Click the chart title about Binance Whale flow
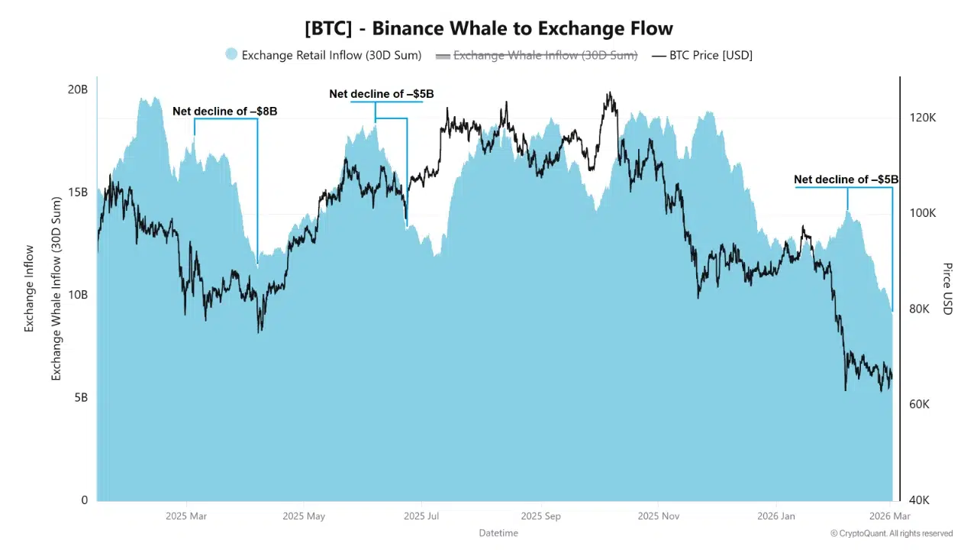[488, 29]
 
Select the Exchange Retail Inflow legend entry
[331, 55]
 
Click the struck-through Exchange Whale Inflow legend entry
[545, 55]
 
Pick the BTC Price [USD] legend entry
[711, 55]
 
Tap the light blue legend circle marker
[231, 54]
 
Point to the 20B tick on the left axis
[78, 89]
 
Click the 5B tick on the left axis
[80, 398]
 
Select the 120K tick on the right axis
[922, 118]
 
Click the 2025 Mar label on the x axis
[186, 516]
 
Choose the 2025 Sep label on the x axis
[540, 516]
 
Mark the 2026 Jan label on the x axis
[776, 516]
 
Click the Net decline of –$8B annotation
[224, 112]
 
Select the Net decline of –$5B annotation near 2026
[846, 180]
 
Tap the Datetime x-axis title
[498, 532]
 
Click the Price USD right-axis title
[947, 289]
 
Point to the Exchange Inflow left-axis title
[30, 289]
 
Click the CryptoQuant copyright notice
[892, 533]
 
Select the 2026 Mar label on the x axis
[890, 516]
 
